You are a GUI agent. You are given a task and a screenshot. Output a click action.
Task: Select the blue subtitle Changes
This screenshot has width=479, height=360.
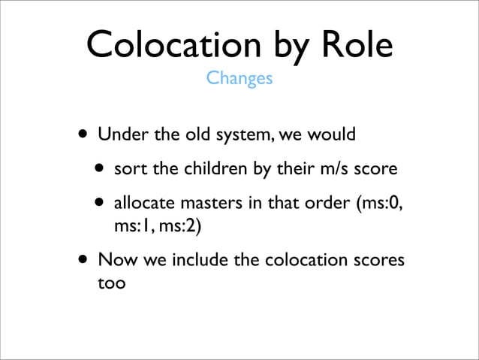[239, 78]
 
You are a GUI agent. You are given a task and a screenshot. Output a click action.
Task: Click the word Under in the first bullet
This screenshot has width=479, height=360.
[121, 136]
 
